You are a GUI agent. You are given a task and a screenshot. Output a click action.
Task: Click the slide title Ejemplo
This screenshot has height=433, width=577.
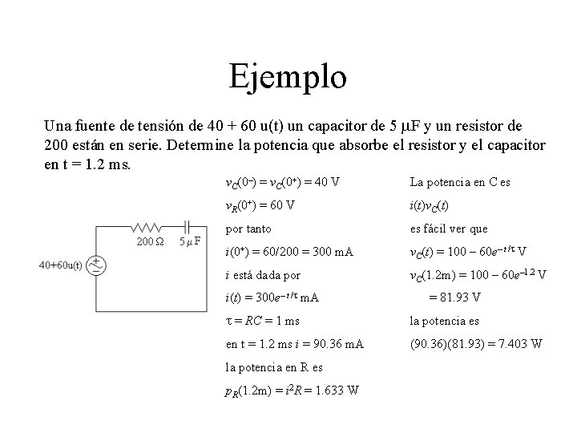pyautogui.click(x=288, y=78)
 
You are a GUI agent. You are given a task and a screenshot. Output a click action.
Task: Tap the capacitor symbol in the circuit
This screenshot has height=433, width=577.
pyautogui.click(x=189, y=228)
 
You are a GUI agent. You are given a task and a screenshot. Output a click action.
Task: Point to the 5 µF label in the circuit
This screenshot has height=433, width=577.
pyautogui.click(x=189, y=241)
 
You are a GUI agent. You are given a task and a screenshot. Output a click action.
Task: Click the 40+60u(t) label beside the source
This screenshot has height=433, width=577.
pyautogui.click(x=60, y=265)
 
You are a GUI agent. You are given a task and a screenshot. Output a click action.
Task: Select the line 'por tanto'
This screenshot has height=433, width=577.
pyautogui.click(x=248, y=228)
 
